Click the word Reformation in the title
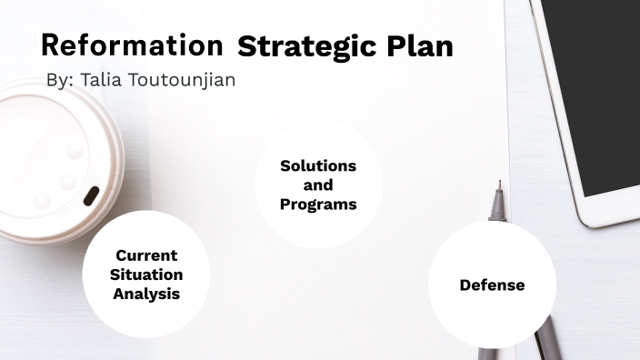point(132,45)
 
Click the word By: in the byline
point(60,80)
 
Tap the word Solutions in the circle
point(318,166)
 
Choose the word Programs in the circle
point(318,205)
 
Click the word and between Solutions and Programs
point(318,185)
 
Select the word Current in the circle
point(146,255)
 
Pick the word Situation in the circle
point(146,275)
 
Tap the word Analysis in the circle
point(146,294)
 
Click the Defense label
point(492,285)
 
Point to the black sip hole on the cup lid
point(92,195)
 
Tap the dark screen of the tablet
point(600,91)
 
